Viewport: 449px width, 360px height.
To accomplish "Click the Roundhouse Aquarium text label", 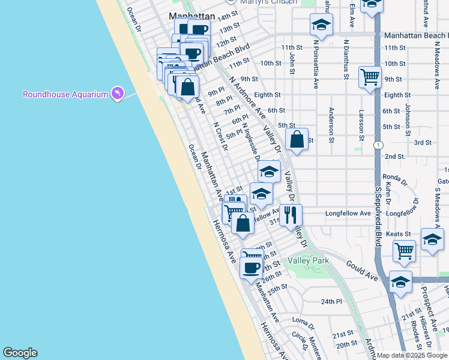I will (65, 94).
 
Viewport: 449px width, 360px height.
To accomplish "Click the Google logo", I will (20, 353).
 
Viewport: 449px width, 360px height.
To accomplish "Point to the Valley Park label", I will (309, 261).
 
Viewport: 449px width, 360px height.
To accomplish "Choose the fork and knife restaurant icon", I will (291, 214).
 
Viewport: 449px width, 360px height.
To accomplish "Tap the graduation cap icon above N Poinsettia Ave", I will (321, 25).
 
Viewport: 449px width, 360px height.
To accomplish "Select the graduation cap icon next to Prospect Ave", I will (432, 239).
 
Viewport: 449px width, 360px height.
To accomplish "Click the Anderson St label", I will (331, 125).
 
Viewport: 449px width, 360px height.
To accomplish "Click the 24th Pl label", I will (331, 302).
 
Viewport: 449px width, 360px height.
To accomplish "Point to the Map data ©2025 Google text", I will (412, 355).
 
